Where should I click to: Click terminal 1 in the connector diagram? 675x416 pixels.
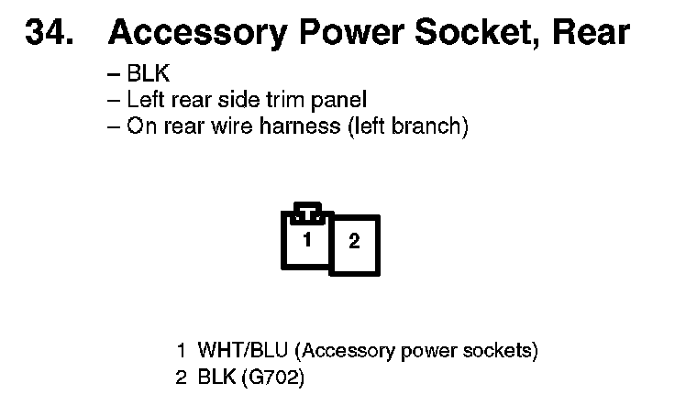point(308,241)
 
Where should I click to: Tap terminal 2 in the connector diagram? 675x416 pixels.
point(354,244)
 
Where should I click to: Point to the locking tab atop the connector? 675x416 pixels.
point(307,212)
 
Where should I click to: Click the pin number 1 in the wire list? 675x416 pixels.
point(182,351)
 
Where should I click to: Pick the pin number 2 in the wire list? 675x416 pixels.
point(182,377)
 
